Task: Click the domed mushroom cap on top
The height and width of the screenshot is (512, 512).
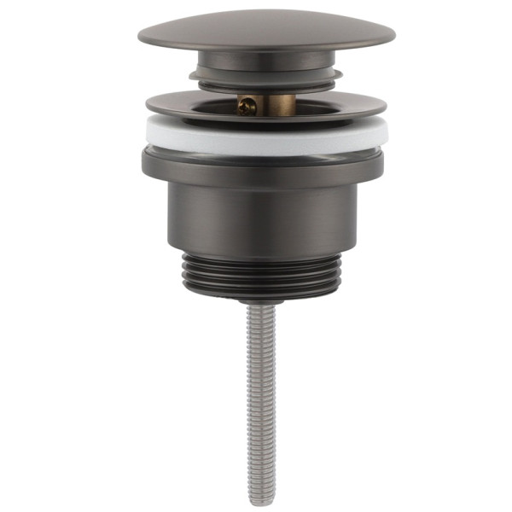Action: [x=266, y=31]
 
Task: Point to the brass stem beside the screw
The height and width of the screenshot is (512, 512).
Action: [x=276, y=103]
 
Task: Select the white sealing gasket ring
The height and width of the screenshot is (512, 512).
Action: [x=265, y=134]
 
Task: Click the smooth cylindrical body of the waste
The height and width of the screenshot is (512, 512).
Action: [x=265, y=213]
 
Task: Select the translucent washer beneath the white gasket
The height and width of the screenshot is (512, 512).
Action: [x=265, y=149]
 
